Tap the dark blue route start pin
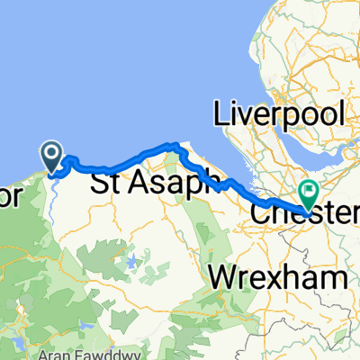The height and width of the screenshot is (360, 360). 53,157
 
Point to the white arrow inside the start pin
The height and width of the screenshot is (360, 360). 53,155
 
